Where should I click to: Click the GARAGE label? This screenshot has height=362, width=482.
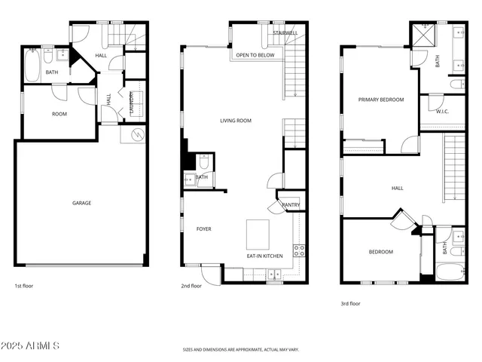point(81,203)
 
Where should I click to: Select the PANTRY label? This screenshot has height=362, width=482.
point(291,204)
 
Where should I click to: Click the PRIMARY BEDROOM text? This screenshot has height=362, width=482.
point(380,100)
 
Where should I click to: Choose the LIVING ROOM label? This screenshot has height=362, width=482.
point(236,121)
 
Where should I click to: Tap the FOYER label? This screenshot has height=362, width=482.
point(204,229)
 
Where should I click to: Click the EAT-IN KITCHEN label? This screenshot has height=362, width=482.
point(265,256)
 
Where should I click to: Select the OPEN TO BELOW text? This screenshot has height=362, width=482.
point(255,56)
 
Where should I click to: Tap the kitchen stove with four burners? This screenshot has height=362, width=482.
point(298,250)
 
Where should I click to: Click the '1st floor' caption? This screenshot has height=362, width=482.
point(24,286)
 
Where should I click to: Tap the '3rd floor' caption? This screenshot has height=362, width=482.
point(350,303)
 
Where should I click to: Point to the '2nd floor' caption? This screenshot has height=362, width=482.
point(191,286)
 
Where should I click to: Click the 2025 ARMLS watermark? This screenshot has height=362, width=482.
point(31,345)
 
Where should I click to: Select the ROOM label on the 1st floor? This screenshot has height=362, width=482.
point(59,115)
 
